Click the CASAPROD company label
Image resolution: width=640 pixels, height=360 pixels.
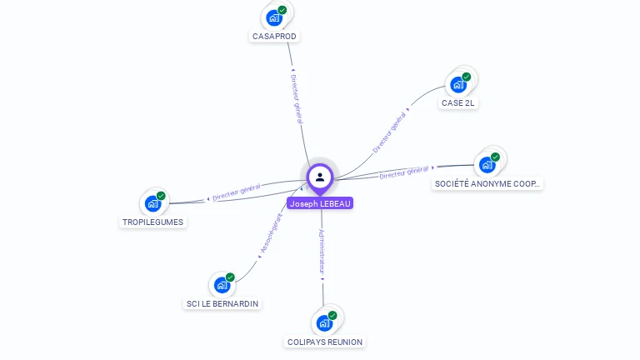point(274,37)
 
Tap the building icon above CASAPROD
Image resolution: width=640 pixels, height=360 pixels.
point(274,17)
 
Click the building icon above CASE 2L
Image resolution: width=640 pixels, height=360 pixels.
point(458,84)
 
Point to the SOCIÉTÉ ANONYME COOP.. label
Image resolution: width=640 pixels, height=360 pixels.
point(487,183)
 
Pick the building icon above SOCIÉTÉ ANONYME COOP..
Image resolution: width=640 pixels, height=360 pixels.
point(487,164)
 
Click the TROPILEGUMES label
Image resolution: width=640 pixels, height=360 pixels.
point(152,222)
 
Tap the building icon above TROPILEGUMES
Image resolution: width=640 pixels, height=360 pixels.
point(152,203)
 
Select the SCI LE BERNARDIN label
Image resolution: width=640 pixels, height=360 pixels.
point(222,303)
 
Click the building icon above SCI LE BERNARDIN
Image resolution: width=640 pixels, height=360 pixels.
point(222,284)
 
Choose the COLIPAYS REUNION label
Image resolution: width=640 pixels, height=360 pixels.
point(325,342)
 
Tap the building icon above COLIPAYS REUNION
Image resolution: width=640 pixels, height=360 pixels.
point(324,322)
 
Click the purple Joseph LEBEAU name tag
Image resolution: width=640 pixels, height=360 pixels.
point(320,203)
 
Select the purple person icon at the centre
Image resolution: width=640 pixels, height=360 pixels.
point(320,177)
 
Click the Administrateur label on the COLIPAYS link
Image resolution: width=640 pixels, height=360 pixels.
point(322,252)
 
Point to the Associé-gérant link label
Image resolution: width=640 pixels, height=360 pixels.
point(272,233)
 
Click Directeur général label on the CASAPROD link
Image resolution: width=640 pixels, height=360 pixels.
point(297,98)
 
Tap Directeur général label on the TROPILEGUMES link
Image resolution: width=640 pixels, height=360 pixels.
point(237,193)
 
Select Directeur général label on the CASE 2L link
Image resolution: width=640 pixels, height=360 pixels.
point(389,133)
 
